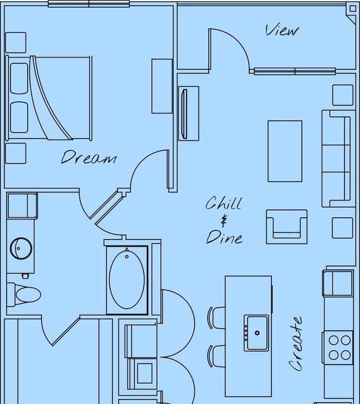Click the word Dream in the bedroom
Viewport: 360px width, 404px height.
coord(89,157)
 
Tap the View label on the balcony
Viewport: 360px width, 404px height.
coord(282,30)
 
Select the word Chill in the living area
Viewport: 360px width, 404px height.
coord(224,203)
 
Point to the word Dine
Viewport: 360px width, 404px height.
coord(224,237)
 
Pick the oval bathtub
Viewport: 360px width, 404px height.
coord(127,280)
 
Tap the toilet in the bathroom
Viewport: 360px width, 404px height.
coord(24,294)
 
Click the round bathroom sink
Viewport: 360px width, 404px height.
coord(21,248)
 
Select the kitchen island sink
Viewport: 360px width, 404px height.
coord(256,333)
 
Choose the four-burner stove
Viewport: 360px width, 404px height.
coord(338,347)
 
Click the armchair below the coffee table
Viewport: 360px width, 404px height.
coord(286,227)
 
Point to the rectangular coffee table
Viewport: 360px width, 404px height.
coord(285,151)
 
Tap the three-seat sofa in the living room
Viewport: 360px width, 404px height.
coord(336,158)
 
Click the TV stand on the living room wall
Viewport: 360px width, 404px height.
coord(189,114)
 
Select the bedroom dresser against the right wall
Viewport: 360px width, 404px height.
coord(162,86)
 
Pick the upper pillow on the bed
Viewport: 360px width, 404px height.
coord(19,79)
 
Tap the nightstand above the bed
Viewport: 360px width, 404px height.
coord(16,43)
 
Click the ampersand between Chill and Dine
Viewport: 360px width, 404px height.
coord(224,221)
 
